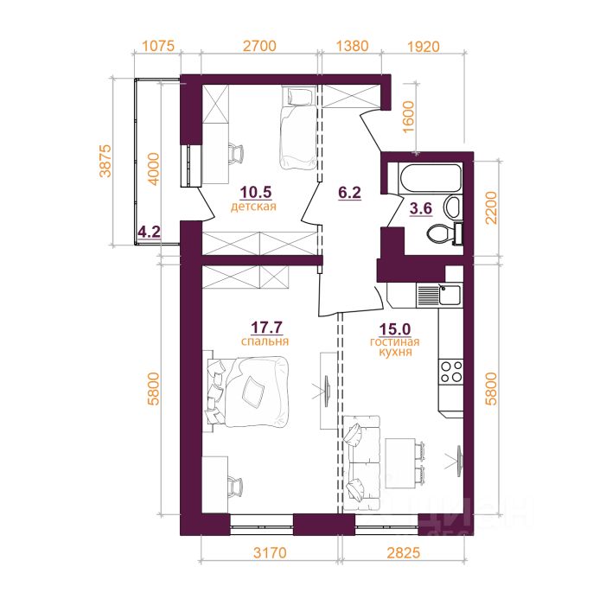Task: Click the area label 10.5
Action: (x=256, y=192)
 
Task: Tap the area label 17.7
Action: (x=266, y=328)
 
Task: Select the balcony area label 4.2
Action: (x=150, y=233)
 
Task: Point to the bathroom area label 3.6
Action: (x=420, y=208)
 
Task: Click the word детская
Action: (x=253, y=207)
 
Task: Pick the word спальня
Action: (x=265, y=341)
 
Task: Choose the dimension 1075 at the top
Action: (x=158, y=46)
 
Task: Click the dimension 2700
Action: (x=259, y=46)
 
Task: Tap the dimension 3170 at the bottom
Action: (x=270, y=552)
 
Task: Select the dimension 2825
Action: (x=403, y=552)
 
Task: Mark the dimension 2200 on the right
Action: (x=492, y=208)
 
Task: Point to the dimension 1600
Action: (x=409, y=117)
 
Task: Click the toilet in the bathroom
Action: (x=444, y=233)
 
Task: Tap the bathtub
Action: (x=431, y=179)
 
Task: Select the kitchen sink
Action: (x=450, y=295)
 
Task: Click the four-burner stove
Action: (x=450, y=372)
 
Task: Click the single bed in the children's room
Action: (x=298, y=128)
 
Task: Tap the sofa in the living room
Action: (x=361, y=463)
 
